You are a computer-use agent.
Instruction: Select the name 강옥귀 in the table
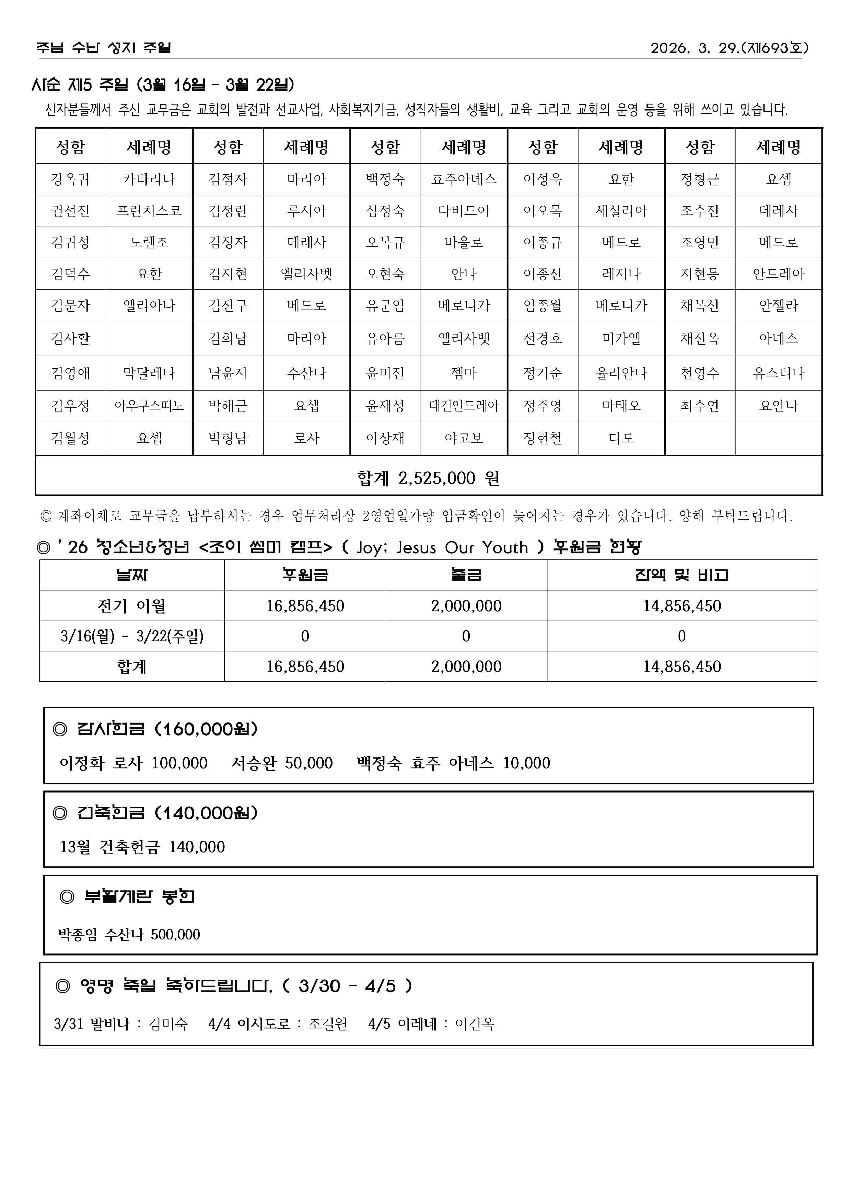(x=70, y=179)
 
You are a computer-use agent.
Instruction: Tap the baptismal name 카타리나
(x=149, y=179)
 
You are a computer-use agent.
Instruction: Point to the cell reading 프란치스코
(x=149, y=211)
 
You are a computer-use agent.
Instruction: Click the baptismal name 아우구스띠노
(x=149, y=406)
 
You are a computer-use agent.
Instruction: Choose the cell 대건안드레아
(x=464, y=406)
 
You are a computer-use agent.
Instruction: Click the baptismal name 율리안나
(x=621, y=373)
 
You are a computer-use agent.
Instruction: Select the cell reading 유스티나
(x=778, y=373)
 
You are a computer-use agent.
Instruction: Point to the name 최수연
(x=700, y=406)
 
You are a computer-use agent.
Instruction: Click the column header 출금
(x=466, y=575)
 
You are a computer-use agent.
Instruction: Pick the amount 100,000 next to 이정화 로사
(x=180, y=763)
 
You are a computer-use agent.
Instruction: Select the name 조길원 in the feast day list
(x=327, y=1024)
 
